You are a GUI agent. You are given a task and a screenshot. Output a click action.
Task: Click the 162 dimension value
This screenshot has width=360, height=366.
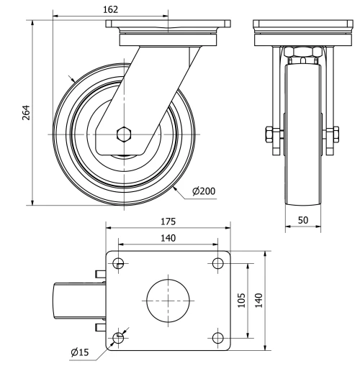pyautogui.click(x=111, y=9)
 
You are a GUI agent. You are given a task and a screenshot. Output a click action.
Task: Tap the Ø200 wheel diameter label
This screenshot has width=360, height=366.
pyautogui.click(x=204, y=191)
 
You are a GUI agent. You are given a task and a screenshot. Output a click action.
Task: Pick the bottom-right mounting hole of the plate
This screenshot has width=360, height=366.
pyautogui.click(x=217, y=337)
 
